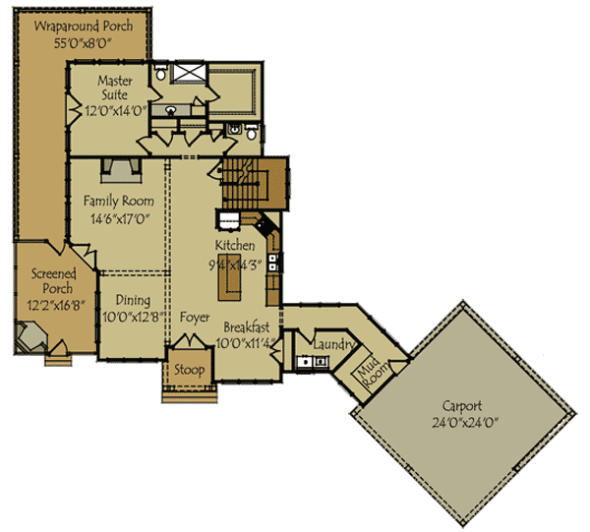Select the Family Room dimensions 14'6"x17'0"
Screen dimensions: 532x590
pos(118,219)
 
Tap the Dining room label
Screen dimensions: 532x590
pos(133,300)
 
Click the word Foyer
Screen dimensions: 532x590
pos(194,318)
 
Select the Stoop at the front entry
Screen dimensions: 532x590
pos(189,370)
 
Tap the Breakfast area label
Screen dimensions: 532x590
pos(246,327)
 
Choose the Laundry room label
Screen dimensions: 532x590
pos(332,344)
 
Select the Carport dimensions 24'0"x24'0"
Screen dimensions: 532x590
pos(465,424)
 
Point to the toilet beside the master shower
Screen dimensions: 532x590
pos(160,72)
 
